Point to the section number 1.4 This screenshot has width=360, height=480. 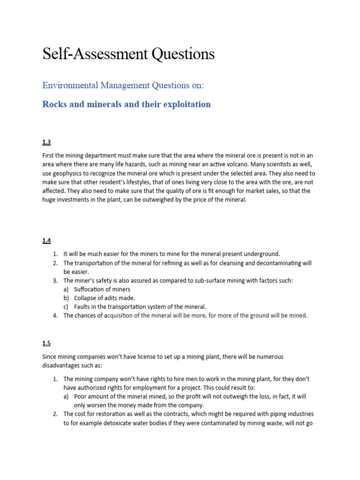point(46,240)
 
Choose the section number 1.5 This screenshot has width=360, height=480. point(46,343)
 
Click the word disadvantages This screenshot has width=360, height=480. point(62,366)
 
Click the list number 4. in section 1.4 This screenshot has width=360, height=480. point(55,315)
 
